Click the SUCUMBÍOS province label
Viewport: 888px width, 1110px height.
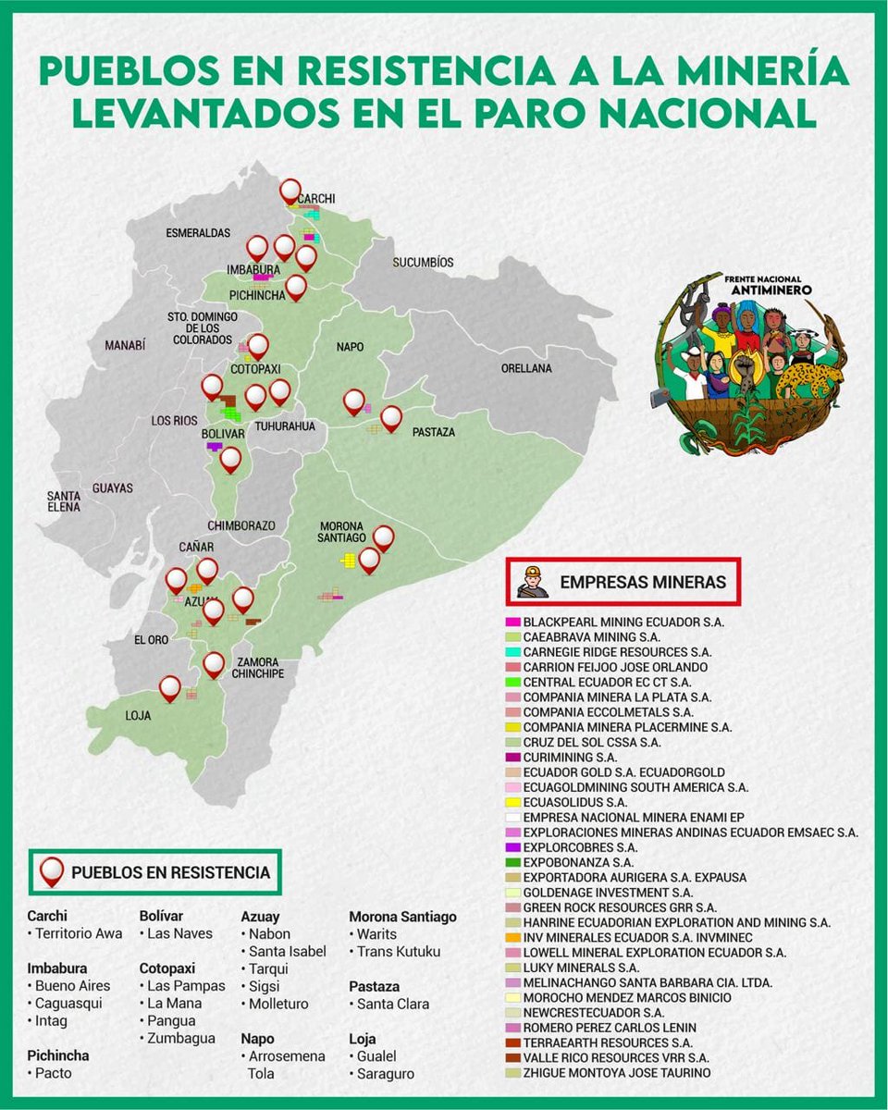click(x=423, y=262)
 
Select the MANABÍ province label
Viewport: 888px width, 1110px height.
click(x=125, y=345)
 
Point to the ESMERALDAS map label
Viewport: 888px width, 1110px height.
click(x=198, y=233)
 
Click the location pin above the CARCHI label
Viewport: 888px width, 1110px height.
click(x=291, y=191)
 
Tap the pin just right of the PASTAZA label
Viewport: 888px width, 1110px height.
click(x=391, y=418)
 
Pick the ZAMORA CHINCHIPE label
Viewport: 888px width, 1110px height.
click(x=260, y=668)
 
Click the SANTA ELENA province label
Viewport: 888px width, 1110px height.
click(x=64, y=501)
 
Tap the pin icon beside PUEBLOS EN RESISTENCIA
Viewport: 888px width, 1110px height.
click(x=52, y=871)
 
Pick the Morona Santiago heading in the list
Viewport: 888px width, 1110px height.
click(x=402, y=917)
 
